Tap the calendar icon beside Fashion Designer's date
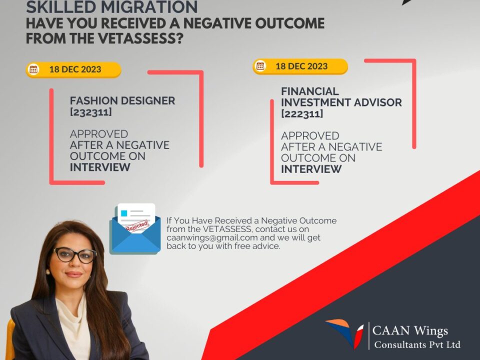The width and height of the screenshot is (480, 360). pos(33,69)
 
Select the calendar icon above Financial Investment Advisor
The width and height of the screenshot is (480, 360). pos(260,66)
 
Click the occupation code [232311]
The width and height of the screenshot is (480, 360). pos(90,112)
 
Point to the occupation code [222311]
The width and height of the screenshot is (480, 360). pos(302,113)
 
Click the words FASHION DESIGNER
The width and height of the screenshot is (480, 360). pos(122,100)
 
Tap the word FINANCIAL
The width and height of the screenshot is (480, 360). pos(310,91)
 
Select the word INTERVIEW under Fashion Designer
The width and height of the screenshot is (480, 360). pos(100,167)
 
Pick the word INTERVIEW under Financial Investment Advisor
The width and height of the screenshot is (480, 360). pos(311,169)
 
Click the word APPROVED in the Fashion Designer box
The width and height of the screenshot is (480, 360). pos(99,134)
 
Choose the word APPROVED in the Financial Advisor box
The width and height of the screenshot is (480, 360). pos(310,136)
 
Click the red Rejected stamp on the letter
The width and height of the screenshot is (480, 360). pos(137,226)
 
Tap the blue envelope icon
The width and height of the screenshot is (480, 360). pos(135,229)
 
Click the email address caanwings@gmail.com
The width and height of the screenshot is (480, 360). pos(212,237)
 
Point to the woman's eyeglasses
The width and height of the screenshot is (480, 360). pos(75,254)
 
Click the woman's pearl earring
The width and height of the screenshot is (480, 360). pos(48,271)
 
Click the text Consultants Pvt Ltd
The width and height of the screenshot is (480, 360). pos(417,344)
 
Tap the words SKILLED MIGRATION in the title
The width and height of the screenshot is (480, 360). pos(111,7)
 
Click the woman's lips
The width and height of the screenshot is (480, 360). pos(74,274)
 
